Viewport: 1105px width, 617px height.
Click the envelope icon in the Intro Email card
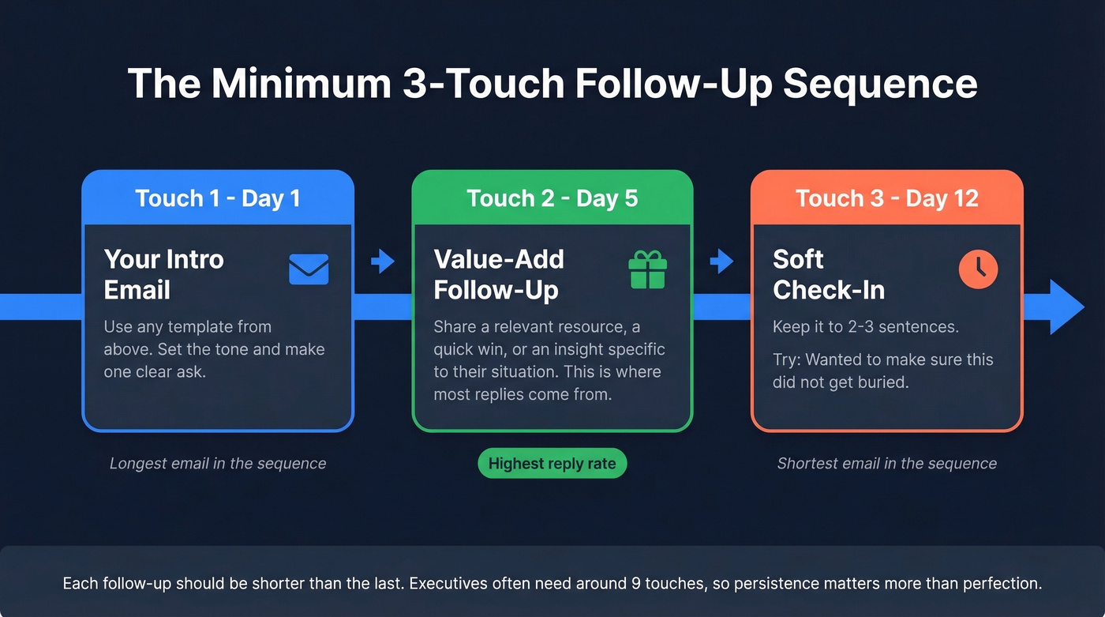point(309,269)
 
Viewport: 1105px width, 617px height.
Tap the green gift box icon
point(647,270)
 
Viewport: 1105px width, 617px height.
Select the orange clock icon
point(978,269)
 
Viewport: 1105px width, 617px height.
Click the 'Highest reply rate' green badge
point(552,464)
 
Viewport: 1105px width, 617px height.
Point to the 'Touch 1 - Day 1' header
point(218,198)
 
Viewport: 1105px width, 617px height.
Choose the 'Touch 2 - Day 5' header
point(552,198)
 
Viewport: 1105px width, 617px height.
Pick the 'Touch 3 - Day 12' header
point(886,198)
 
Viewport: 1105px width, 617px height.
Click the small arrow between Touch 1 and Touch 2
point(383,261)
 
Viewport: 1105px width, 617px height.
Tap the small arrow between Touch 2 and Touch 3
point(721,261)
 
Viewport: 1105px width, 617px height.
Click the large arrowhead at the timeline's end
point(1066,307)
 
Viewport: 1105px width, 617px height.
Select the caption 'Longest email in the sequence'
point(218,464)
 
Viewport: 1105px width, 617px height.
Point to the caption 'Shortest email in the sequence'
point(886,464)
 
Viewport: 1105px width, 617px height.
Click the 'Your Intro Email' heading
point(164,274)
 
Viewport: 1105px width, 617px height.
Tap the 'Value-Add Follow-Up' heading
point(499,274)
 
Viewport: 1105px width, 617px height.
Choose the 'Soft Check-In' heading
point(829,274)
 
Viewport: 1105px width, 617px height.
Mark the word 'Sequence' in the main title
point(879,83)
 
